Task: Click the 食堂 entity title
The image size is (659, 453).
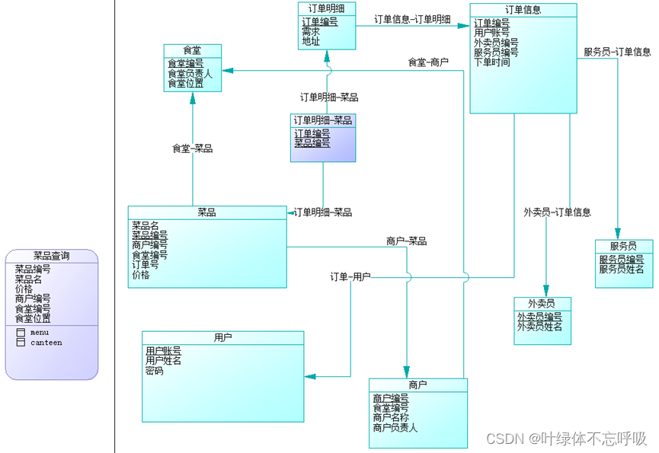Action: pyautogui.click(x=192, y=50)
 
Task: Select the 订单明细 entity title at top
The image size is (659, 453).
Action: pyautogui.click(x=326, y=8)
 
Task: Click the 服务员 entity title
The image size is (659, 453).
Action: pyautogui.click(x=623, y=246)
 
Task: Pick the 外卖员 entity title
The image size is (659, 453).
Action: pyautogui.click(x=541, y=303)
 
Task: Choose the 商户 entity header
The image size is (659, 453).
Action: pyautogui.click(x=417, y=384)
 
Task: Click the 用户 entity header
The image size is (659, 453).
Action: pyautogui.click(x=222, y=337)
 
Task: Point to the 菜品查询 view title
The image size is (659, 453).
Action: pyautogui.click(x=51, y=256)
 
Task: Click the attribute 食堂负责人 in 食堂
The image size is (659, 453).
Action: pyautogui.click(x=190, y=74)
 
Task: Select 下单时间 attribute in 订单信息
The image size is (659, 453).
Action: pyautogui.click(x=492, y=62)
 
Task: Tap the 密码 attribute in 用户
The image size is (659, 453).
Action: pyautogui.click(x=155, y=371)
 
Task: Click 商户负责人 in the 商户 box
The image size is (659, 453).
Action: pyautogui.click(x=395, y=428)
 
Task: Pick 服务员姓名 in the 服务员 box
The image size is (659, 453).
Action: pyautogui.click(x=621, y=269)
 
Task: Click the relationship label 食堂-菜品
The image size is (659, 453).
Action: pyautogui.click(x=192, y=148)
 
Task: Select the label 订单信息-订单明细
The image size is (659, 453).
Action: pyautogui.click(x=412, y=19)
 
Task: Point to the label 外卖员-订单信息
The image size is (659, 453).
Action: pyautogui.click(x=557, y=212)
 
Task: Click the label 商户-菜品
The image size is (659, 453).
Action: pyautogui.click(x=406, y=241)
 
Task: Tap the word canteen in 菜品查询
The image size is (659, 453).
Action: pyautogui.click(x=46, y=343)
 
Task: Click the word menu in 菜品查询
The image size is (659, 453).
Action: pyautogui.click(x=40, y=333)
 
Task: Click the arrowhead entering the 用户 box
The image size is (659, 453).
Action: pyautogui.click(x=309, y=375)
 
